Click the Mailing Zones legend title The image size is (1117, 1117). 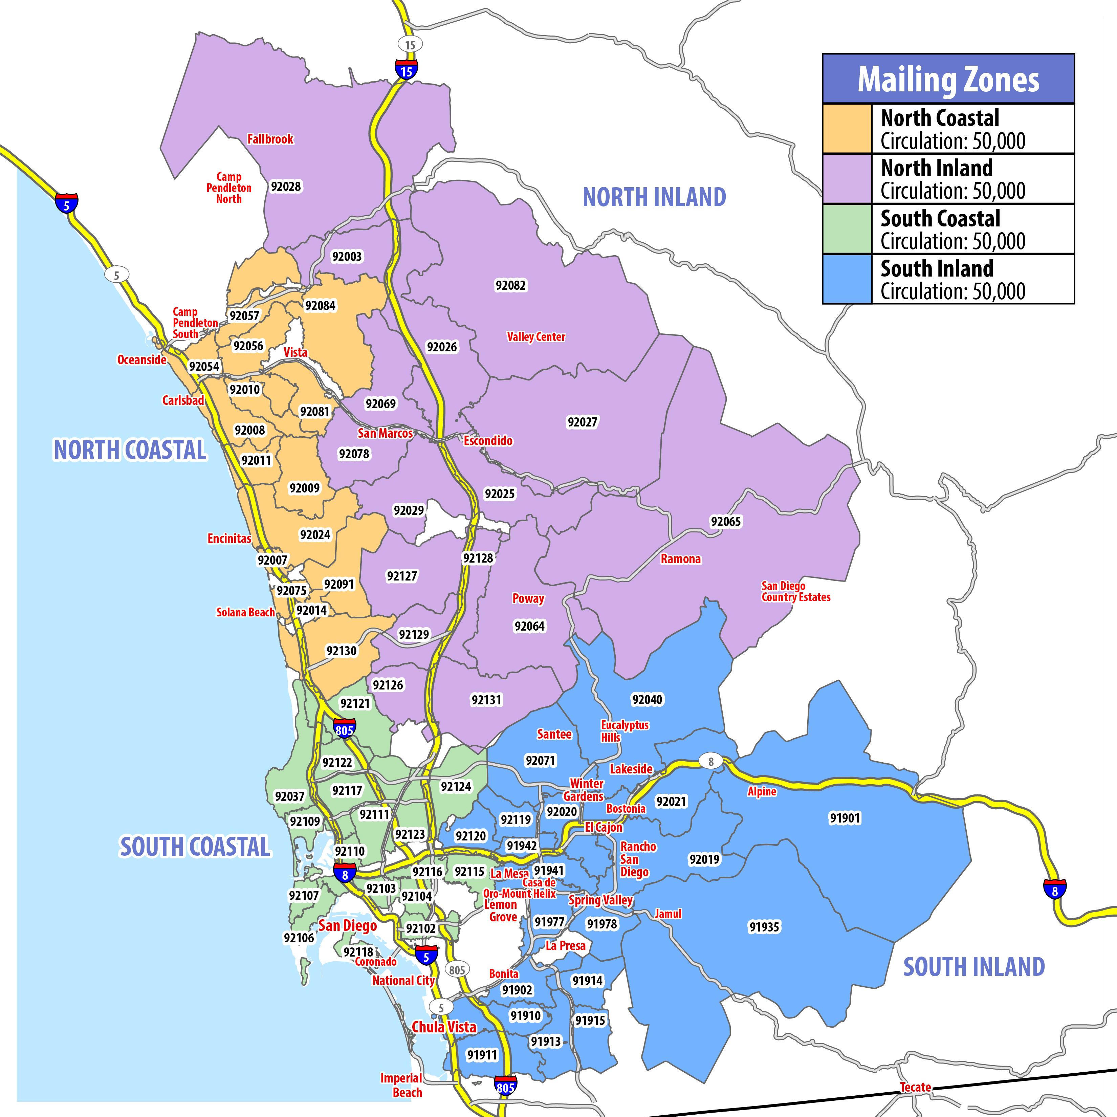click(948, 79)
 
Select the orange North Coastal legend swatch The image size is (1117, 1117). click(847, 128)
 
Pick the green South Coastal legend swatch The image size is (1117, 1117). click(847, 229)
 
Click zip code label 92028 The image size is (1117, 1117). click(286, 186)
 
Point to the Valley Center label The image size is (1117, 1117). click(536, 336)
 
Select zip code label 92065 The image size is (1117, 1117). click(726, 522)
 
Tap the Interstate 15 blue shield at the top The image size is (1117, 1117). click(407, 70)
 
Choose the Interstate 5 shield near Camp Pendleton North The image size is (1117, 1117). click(66, 203)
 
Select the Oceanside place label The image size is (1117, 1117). click(141, 359)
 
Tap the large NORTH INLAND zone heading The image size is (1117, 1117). click(654, 197)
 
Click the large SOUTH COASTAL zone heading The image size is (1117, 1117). click(195, 847)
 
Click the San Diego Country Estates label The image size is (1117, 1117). click(795, 591)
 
